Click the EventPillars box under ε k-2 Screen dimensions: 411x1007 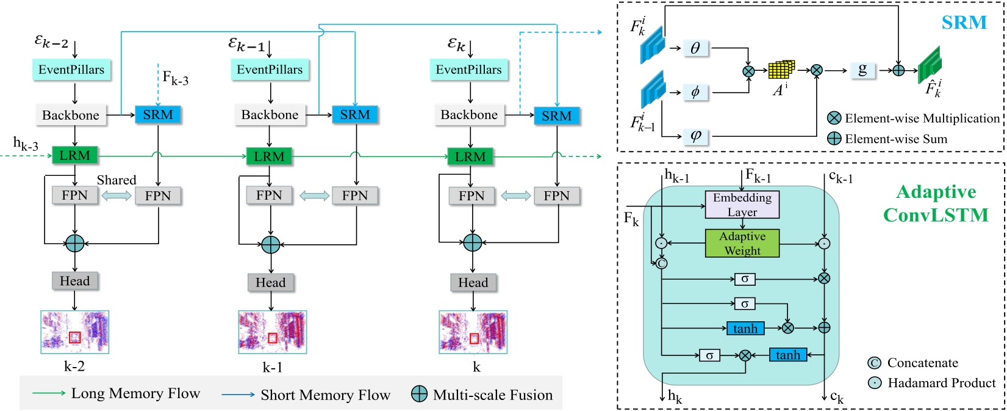pyautogui.click(x=71, y=70)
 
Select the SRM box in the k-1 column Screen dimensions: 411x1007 pyautogui.click(x=354, y=115)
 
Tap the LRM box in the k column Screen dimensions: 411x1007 pyautogui.click(x=470, y=156)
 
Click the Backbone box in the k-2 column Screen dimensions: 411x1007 pyautogui.click(x=71, y=115)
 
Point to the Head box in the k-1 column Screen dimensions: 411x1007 pyautogui.click(x=271, y=282)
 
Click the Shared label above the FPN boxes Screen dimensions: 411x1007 pyautogui.click(x=116, y=180)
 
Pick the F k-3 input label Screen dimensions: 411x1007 pyautogui.click(x=175, y=78)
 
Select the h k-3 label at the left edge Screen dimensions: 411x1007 pyautogui.click(x=26, y=144)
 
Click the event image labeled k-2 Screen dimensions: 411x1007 pyautogui.click(x=75, y=332)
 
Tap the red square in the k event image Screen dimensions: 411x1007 pyautogui.click(x=474, y=338)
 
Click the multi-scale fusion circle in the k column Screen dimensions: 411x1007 pyautogui.click(x=473, y=242)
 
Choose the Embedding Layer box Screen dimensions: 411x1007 pyautogui.click(x=742, y=205)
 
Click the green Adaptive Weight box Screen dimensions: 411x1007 pyautogui.click(x=742, y=243)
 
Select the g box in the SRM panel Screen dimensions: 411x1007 pyautogui.click(x=862, y=70)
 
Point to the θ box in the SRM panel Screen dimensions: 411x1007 pyautogui.click(x=695, y=48)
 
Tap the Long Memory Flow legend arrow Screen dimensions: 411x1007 pyautogui.click(x=49, y=393)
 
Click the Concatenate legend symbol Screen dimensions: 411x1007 pyautogui.click(x=874, y=363)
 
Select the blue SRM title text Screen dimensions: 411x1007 pyautogui.click(x=964, y=23)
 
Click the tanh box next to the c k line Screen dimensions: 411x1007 pyautogui.click(x=788, y=355)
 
